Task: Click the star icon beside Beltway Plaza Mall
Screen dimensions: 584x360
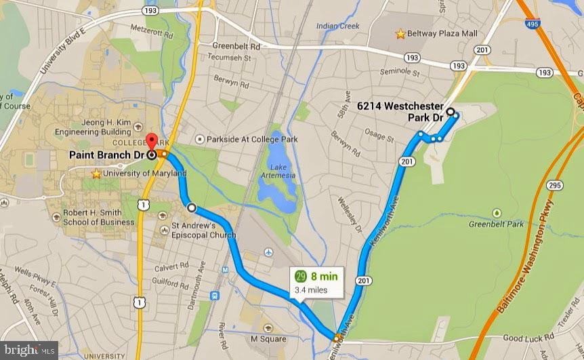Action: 401,33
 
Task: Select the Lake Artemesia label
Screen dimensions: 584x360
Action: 283,171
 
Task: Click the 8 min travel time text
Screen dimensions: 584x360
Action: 324,277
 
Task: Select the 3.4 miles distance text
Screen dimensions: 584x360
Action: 311,289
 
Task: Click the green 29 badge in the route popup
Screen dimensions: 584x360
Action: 301,277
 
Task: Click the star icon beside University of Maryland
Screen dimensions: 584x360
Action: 97,174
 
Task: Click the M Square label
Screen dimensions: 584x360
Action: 268,339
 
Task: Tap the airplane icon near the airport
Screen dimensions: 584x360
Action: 268,252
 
